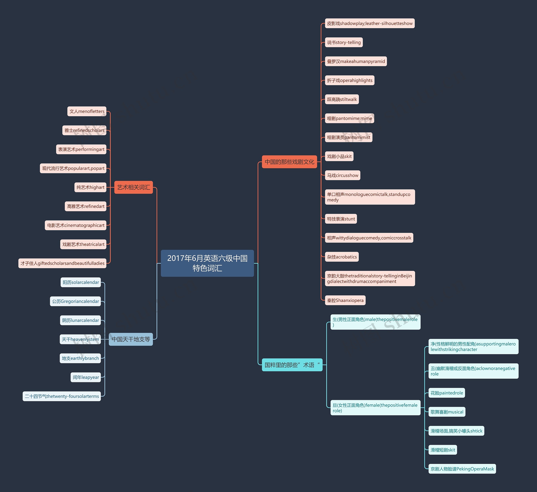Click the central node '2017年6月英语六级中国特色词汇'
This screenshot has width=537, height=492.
click(x=207, y=263)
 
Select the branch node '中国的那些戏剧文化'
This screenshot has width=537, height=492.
click(x=289, y=162)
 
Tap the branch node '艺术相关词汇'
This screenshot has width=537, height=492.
click(x=133, y=187)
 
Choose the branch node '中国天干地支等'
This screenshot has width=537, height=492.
click(x=131, y=339)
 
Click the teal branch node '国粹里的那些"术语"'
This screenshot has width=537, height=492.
click(x=292, y=365)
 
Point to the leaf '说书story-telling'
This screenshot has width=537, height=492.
click(x=344, y=42)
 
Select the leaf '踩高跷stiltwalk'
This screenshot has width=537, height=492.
click(x=342, y=99)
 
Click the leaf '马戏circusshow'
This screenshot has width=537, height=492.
click(x=343, y=175)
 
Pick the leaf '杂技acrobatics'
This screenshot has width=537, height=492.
click(x=342, y=257)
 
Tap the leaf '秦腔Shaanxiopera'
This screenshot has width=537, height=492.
click(x=345, y=300)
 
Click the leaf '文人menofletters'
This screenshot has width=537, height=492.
click(x=87, y=111)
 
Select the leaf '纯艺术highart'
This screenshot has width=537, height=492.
click(x=90, y=187)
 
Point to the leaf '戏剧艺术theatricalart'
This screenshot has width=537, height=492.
click(x=83, y=244)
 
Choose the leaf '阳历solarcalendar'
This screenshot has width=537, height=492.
click(x=81, y=282)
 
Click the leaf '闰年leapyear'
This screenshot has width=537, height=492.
click(x=86, y=377)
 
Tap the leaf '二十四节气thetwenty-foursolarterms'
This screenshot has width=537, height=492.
click(x=62, y=396)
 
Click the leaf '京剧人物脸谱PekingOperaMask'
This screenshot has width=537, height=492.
click(x=462, y=469)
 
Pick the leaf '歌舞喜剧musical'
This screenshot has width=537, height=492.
click(x=447, y=412)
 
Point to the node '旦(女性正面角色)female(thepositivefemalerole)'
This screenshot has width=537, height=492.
click(x=375, y=408)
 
